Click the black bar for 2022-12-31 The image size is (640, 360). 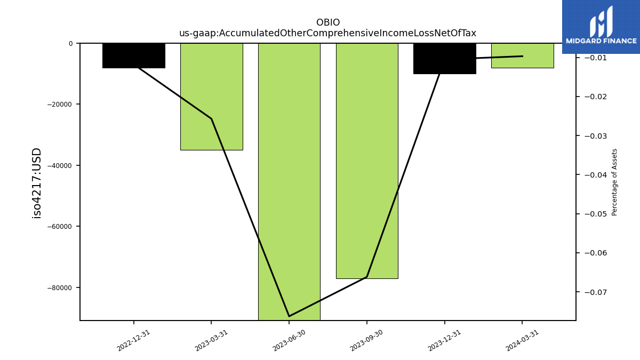pos(134,55)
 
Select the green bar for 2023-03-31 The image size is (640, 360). pos(212,97)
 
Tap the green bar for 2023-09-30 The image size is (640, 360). pos(367,161)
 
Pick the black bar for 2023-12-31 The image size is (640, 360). pos(445,59)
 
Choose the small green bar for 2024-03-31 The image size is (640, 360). pos(523,55)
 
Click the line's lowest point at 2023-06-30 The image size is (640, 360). pos(289,316)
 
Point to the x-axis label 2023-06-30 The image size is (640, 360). pos(289,340)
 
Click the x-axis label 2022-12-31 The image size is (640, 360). pos(133,340)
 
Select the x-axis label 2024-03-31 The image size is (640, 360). pos(522,340)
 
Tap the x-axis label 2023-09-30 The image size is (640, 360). pos(366,340)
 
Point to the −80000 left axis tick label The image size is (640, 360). pos(59,287)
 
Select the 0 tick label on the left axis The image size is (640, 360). pos(70,44)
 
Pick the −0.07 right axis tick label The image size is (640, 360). pos(596,292)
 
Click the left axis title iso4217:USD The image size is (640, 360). pos(37,183)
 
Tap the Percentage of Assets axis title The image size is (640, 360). pos(614,182)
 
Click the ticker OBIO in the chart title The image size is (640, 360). pos(328,22)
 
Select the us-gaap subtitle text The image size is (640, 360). pos(327,33)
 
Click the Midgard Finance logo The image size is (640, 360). pos(601,27)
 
